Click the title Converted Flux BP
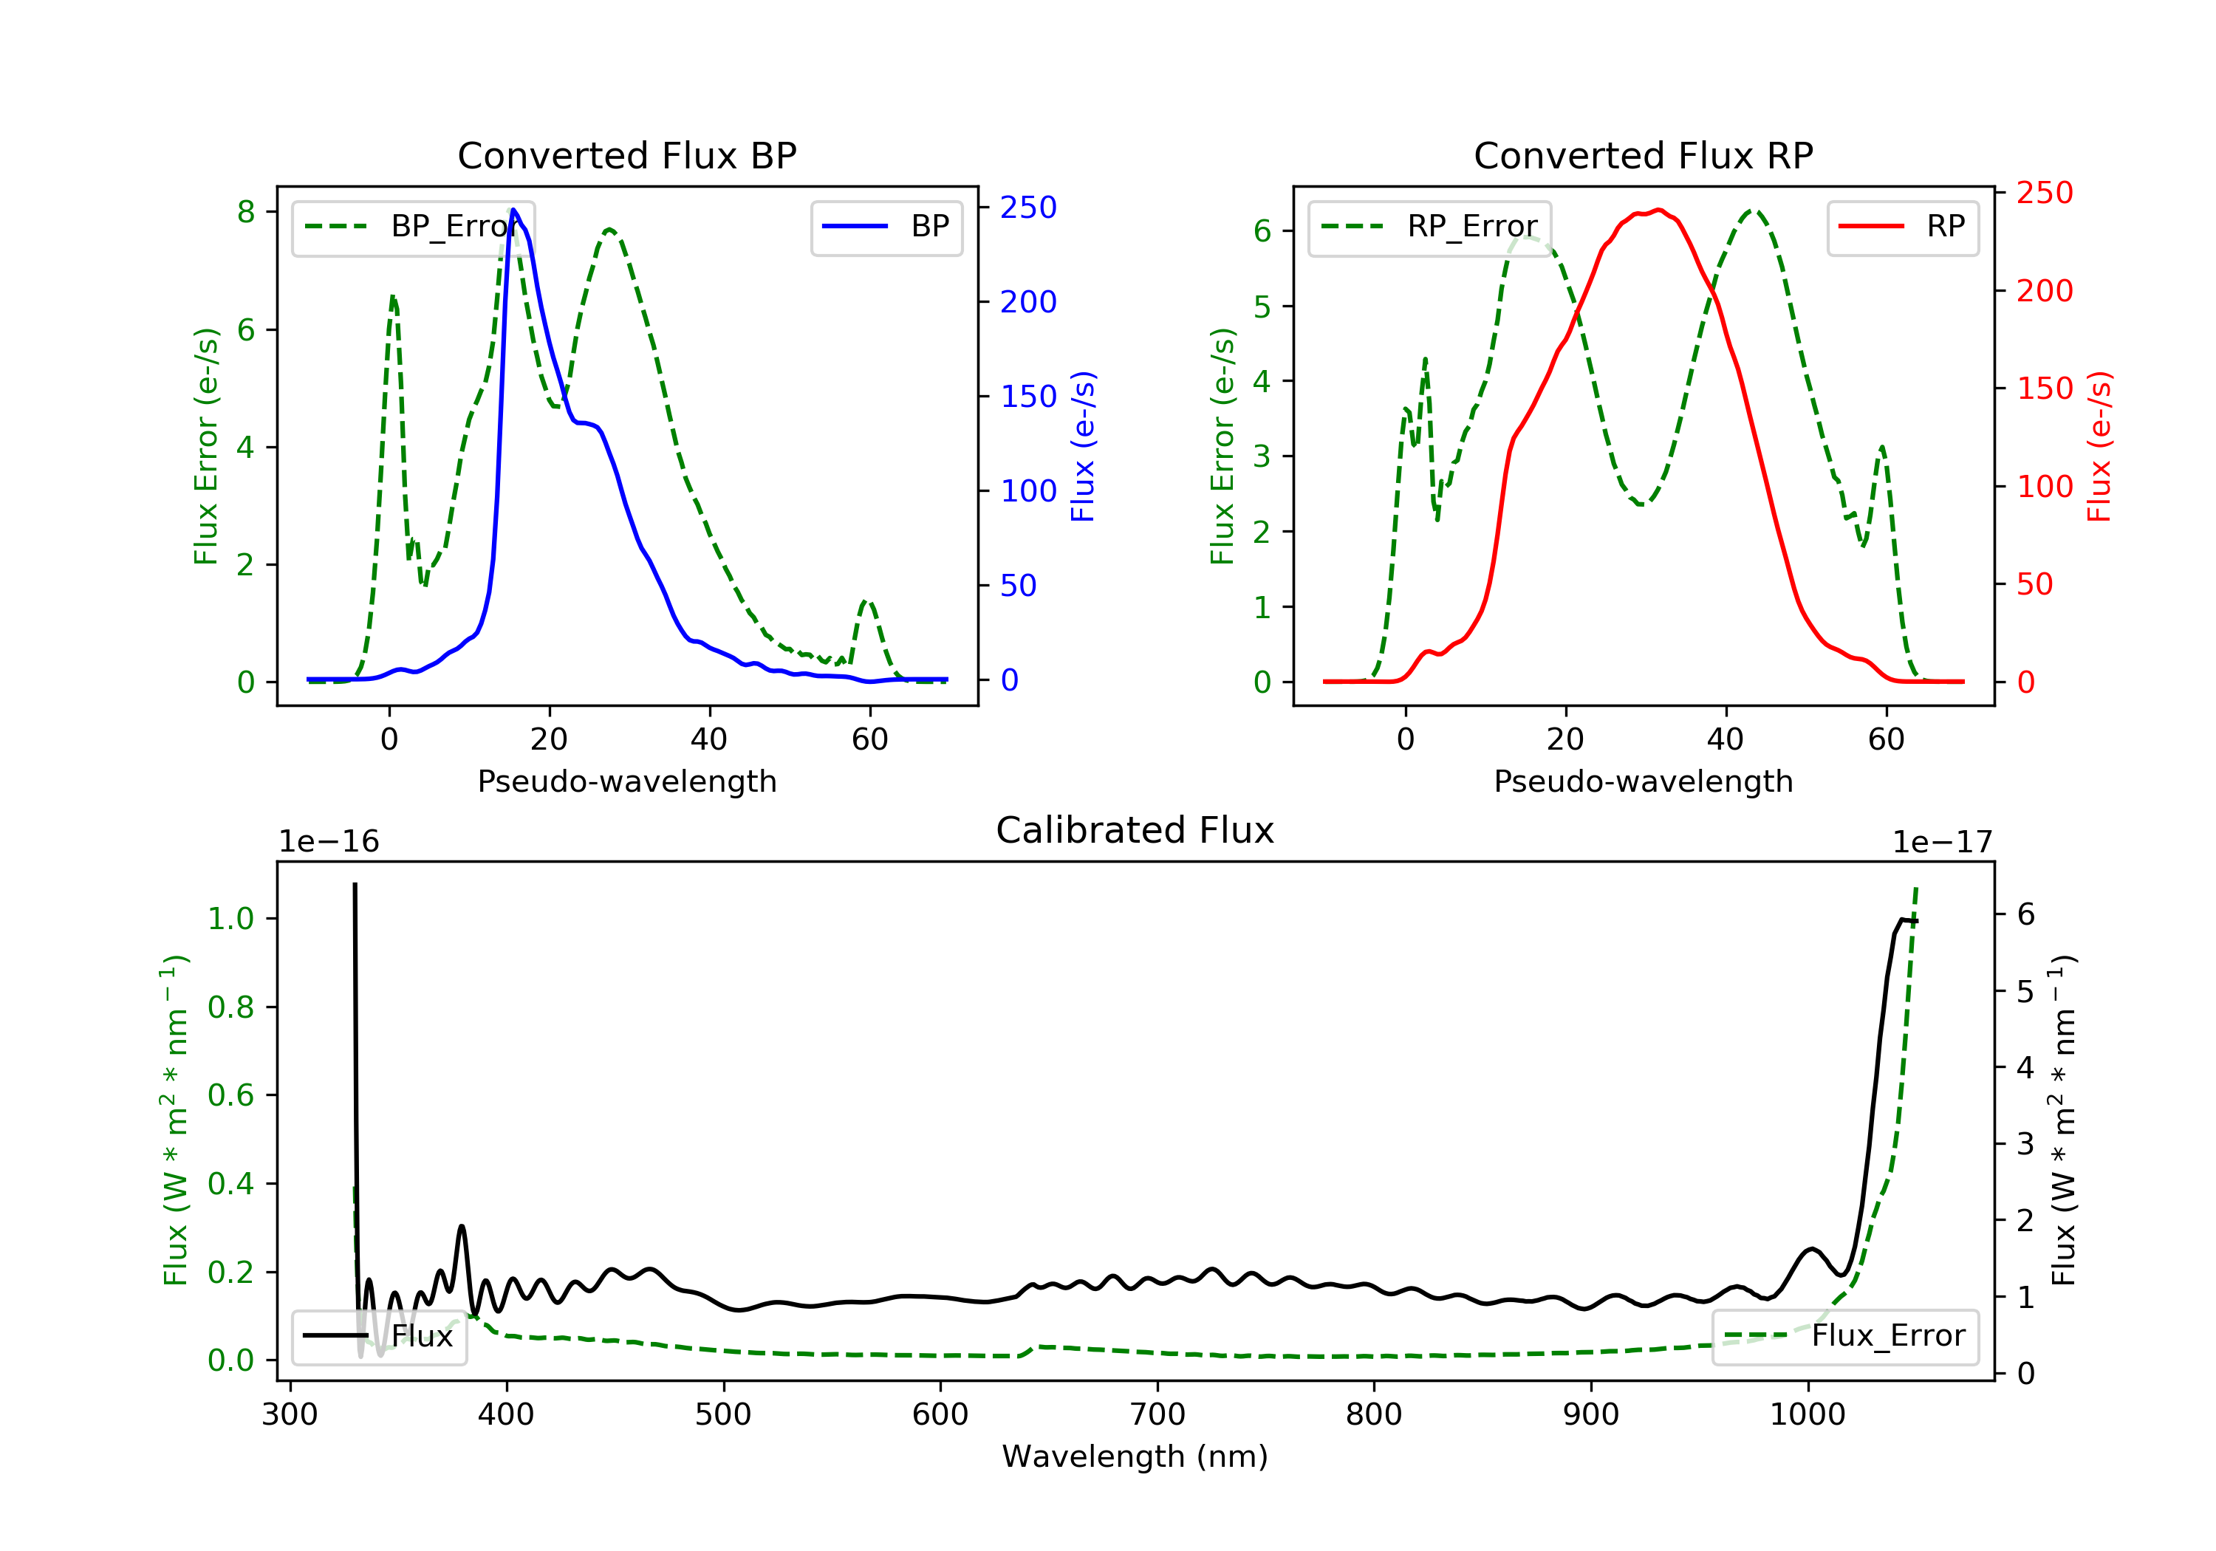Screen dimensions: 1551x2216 click(x=626, y=155)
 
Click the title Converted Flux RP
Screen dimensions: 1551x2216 click(x=1643, y=155)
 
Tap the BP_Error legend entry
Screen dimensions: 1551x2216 click(x=413, y=227)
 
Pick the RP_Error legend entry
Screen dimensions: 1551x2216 click(x=1429, y=227)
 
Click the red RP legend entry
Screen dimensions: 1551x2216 click(x=1902, y=227)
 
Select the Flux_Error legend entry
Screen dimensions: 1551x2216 click(x=1844, y=1336)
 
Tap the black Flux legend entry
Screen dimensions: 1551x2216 click(x=380, y=1336)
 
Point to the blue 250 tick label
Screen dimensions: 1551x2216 click(x=1028, y=208)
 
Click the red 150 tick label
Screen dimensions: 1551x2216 click(x=2044, y=388)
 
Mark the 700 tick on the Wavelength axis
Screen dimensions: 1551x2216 click(x=1157, y=1415)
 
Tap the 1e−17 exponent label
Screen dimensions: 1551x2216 click(x=1942, y=843)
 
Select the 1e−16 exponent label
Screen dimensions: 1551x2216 click(x=329, y=842)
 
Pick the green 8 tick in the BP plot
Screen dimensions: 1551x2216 click(x=246, y=211)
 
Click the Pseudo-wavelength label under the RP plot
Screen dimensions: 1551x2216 click(x=1643, y=781)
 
